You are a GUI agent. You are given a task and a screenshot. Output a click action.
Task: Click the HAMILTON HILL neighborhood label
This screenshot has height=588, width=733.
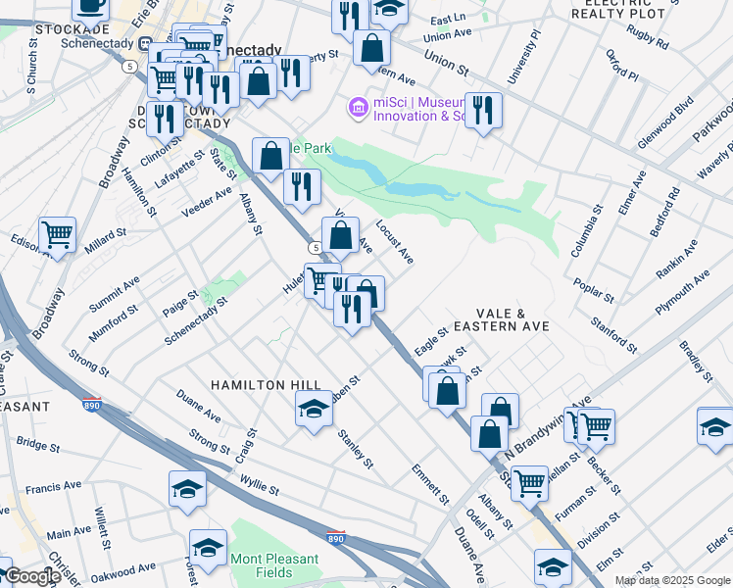tap(264, 385)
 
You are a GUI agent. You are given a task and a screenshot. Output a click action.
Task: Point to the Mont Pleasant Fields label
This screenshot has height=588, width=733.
tap(275, 565)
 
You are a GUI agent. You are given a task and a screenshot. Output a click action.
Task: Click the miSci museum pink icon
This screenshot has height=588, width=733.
tap(358, 107)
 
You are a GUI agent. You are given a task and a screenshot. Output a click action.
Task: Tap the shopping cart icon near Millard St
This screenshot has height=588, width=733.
tap(58, 234)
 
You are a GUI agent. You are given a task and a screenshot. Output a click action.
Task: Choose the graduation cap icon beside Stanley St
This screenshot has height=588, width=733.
tap(314, 407)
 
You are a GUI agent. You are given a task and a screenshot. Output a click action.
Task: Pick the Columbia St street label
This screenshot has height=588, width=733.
tap(589, 230)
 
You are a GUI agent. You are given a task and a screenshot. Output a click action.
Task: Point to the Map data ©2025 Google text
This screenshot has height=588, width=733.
tap(672, 580)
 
